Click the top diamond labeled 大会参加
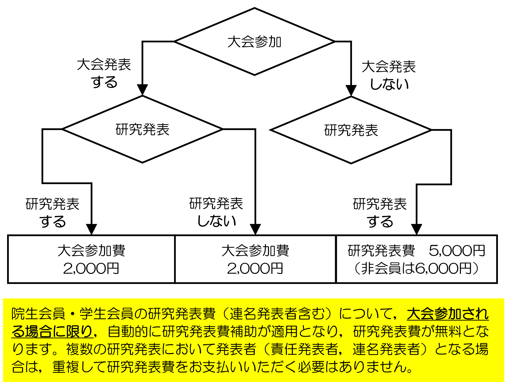pyautogui.click(x=254, y=42)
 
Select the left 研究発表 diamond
pyautogui.click(x=142, y=129)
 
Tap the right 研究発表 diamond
pyautogui.click(x=351, y=130)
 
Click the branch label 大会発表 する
pyautogui.click(x=104, y=73)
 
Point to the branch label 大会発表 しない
pyautogui.click(x=389, y=75)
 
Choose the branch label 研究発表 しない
pyautogui.click(x=216, y=212)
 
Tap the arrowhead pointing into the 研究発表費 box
pyautogui.click(x=417, y=229)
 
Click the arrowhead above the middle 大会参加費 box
pyautogui.click(x=255, y=229)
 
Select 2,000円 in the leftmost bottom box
pyautogui.click(x=91, y=268)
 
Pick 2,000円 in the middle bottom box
pyautogui.click(x=255, y=268)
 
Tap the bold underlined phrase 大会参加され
pyautogui.click(x=447, y=314)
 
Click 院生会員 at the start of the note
pyautogui.click(x=38, y=314)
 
